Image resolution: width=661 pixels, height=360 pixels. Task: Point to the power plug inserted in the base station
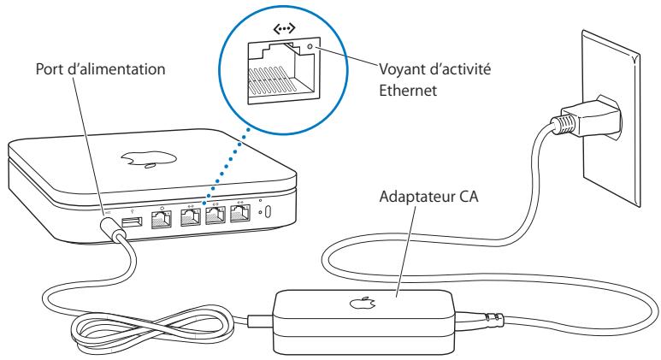(110, 227)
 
